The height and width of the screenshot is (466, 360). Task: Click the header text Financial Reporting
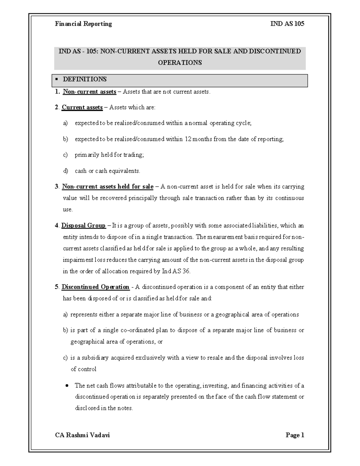[83, 24]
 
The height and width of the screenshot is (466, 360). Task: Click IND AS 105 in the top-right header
[287, 24]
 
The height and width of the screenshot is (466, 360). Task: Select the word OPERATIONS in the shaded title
[180, 62]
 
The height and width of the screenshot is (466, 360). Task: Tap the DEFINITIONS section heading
[85, 79]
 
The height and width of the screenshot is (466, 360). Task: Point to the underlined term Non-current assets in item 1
[89, 92]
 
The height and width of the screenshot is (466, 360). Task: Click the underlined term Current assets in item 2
[82, 107]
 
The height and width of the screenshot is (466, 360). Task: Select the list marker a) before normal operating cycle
[65, 123]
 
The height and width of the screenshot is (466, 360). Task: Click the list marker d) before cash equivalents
[65, 171]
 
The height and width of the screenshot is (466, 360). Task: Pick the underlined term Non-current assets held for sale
[107, 187]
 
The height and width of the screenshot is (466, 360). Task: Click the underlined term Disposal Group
[83, 225]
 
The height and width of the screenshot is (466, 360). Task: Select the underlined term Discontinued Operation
[95, 287]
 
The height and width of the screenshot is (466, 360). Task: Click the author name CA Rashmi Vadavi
[82, 435]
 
